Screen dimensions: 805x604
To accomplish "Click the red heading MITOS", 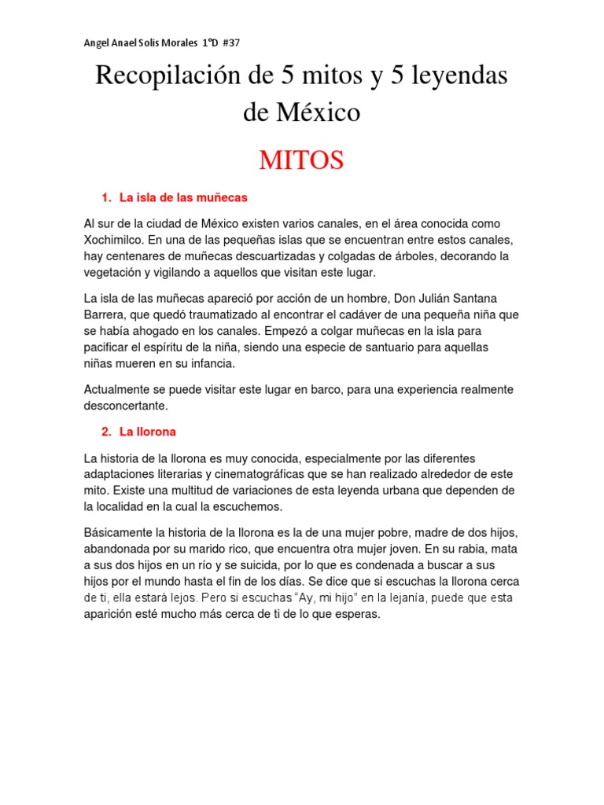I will click(x=301, y=160).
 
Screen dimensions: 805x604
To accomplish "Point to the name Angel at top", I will click(x=98, y=42).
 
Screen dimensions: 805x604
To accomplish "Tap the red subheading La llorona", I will click(x=148, y=432).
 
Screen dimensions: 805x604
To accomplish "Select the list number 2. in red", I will click(x=106, y=432).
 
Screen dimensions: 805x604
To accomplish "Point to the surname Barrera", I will click(x=107, y=314).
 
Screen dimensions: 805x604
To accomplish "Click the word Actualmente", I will click(x=119, y=390).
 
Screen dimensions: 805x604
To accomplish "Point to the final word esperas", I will click(x=358, y=614).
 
